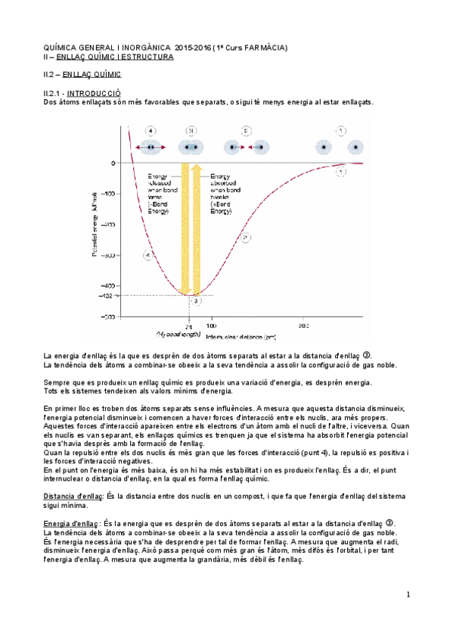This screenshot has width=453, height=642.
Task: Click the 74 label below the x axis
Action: [189, 326]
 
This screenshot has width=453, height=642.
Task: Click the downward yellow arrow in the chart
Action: [184, 227]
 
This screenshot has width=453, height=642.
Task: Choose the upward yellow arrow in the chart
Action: [196, 227]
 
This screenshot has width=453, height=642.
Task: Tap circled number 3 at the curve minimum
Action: [196, 301]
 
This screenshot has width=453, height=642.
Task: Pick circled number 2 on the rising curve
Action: [246, 238]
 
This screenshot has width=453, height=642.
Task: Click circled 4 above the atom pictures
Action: [151, 130]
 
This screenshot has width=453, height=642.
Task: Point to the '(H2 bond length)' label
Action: [178, 334]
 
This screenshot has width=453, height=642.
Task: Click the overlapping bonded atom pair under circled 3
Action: [191, 146]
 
